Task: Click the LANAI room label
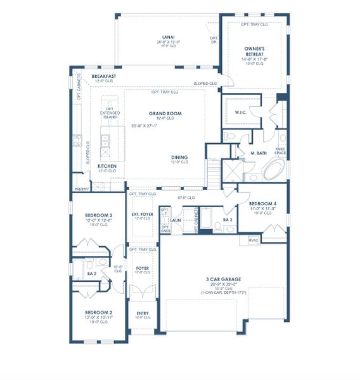[168, 37]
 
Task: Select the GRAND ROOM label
[165, 114]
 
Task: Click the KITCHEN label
[106, 166]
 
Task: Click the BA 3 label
[227, 220]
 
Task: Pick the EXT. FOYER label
[142, 215]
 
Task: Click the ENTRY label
[142, 313]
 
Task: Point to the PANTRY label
[81, 189]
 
